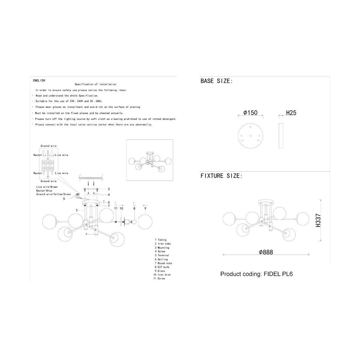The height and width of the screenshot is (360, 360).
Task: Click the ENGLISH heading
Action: coord(39,80)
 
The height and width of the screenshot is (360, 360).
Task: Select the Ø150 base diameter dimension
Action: coord(250,113)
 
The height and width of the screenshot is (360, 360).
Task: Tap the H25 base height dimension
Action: coord(291,113)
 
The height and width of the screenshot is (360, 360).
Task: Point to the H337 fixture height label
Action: coord(318,220)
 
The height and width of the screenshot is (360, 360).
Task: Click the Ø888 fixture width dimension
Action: coord(266,252)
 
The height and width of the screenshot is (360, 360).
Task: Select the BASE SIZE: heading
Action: coord(217,81)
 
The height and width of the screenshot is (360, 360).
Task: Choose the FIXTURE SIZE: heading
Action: coord(221,176)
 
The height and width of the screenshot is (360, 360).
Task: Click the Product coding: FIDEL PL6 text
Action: coord(256,274)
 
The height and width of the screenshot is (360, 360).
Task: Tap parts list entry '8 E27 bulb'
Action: coord(162,267)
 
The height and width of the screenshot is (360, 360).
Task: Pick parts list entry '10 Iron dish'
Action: coord(162,274)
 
